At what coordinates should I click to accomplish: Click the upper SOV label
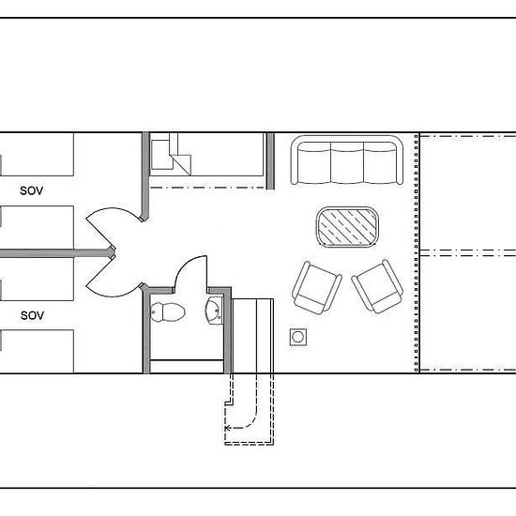(x=32, y=190)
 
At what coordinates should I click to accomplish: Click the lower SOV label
(x=32, y=315)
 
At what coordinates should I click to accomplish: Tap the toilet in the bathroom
(x=168, y=312)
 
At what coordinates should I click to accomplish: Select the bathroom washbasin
(x=214, y=311)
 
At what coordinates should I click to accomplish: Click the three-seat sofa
(x=347, y=159)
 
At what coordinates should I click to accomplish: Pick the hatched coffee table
(x=347, y=227)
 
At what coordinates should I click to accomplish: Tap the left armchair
(x=316, y=288)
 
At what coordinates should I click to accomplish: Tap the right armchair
(x=377, y=287)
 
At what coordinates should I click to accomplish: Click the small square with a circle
(x=298, y=337)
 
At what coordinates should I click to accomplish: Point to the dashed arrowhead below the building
(x=227, y=428)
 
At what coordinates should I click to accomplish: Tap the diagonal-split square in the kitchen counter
(x=180, y=164)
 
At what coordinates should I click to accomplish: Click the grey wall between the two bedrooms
(x=56, y=253)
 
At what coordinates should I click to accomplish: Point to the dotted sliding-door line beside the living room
(x=417, y=252)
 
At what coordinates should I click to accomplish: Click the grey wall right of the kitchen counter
(x=270, y=161)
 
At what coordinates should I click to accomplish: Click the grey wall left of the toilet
(x=146, y=331)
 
